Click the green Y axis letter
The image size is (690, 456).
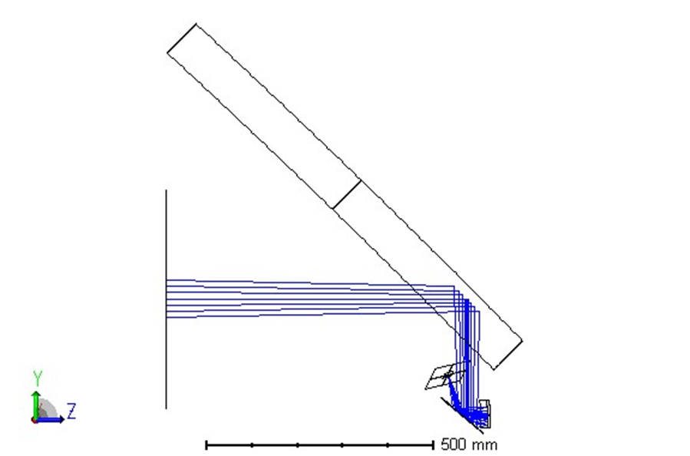coord(36,377)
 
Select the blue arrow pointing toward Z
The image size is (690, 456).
coord(52,419)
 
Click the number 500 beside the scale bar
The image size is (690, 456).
coord(453,444)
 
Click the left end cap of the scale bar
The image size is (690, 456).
coord(206,444)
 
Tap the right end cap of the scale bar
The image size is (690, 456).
coord(434,444)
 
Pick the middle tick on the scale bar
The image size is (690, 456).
coord(320,444)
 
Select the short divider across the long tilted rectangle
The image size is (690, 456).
coord(346,194)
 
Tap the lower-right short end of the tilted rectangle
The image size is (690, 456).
coord(507,354)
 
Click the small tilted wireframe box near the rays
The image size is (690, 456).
coord(446,377)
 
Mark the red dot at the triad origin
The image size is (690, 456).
coord(35,420)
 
